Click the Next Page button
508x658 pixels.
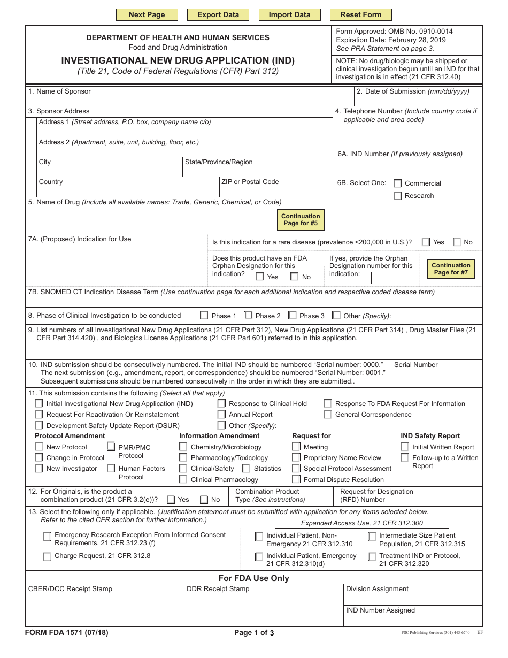[147, 15]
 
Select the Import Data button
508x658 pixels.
[289, 15]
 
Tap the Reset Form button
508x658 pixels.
[360, 15]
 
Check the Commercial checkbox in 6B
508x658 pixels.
[398, 183]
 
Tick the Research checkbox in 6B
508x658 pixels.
[398, 196]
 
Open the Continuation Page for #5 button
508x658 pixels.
[301, 220]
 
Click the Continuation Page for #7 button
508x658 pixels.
[451, 269]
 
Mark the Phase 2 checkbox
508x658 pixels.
[248, 316]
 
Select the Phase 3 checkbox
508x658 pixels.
[293, 316]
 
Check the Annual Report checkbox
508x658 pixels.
[221, 415]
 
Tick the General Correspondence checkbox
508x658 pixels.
[328, 415]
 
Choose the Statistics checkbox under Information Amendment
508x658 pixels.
[247, 469]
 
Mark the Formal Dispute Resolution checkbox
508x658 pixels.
[296, 480]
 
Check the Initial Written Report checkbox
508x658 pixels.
[405, 447]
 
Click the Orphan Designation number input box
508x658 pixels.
[388, 278]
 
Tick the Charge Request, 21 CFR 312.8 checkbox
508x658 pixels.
[47, 557]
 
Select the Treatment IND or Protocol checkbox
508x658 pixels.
[372, 557]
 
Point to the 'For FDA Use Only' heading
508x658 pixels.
[254, 578]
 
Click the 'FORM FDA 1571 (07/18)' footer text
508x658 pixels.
[67, 633]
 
